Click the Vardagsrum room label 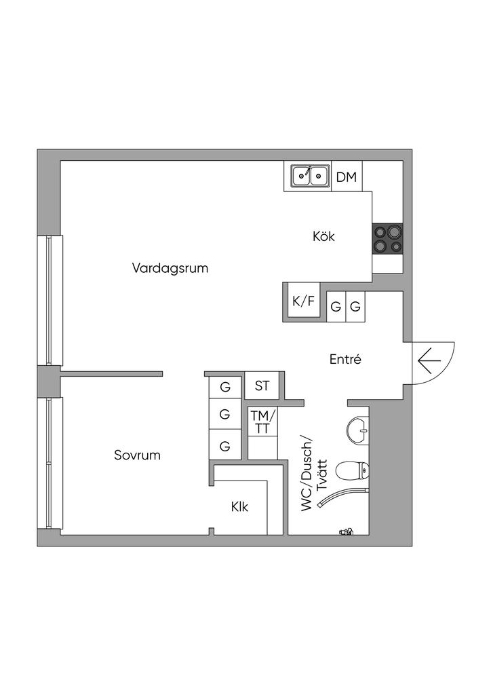pyautogui.click(x=170, y=268)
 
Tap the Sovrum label pyautogui.click(x=137, y=455)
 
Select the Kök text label pyautogui.click(x=324, y=237)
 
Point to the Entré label pyautogui.click(x=345, y=360)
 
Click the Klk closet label pyautogui.click(x=239, y=506)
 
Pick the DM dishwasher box pyautogui.click(x=347, y=177)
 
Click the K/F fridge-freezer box pyautogui.click(x=303, y=302)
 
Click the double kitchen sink pyautogui.click(x=308, y=176)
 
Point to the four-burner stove pyautogui.click(x=387, y=238)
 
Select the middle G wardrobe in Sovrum pyautogui.click(x=225, y=413)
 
